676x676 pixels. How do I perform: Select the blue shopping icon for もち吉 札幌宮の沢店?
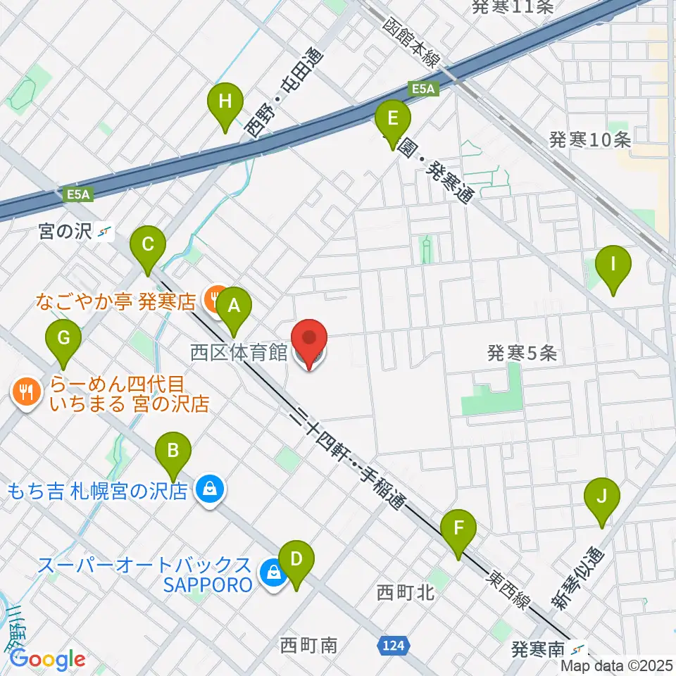coord(209,489)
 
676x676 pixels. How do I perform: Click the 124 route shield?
coord(394,644)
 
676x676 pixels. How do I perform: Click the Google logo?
coord(47,659)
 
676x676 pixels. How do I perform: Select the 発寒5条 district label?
coord(522,353)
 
